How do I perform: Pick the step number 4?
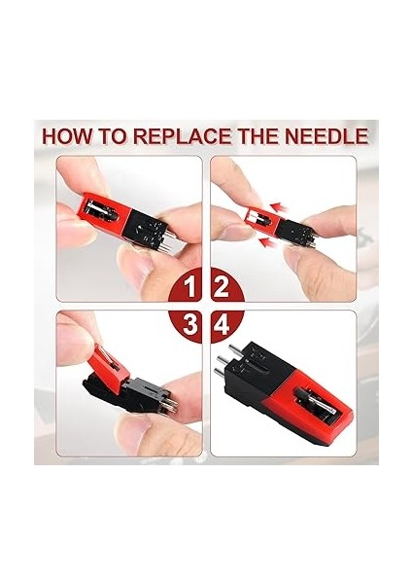tap(221, 321)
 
